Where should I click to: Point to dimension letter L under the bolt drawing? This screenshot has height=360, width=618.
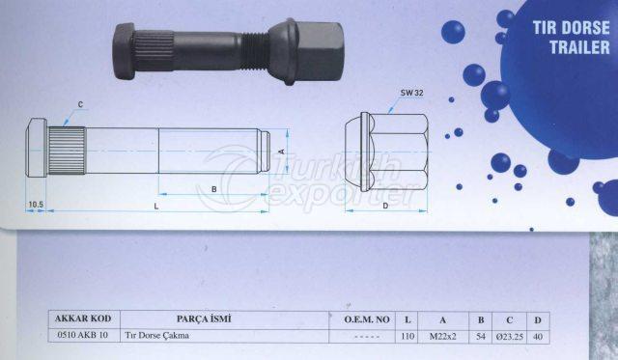(x=156, y=207)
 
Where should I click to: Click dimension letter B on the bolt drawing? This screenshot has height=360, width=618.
(x=213, y=190)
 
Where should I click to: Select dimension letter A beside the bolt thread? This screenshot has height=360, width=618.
(x=280, y=152)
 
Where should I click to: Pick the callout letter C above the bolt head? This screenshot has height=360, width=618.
(x=80, y=103)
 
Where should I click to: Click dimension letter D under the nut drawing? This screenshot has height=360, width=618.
(x=384, y=206)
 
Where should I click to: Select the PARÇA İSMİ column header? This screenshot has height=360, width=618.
(x=204, y=318)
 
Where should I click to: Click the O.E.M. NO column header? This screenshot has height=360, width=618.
(x=367, y=318)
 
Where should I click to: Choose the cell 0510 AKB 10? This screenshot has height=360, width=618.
(x=83, y=336)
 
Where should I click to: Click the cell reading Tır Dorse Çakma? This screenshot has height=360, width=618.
(x=157, y=336)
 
